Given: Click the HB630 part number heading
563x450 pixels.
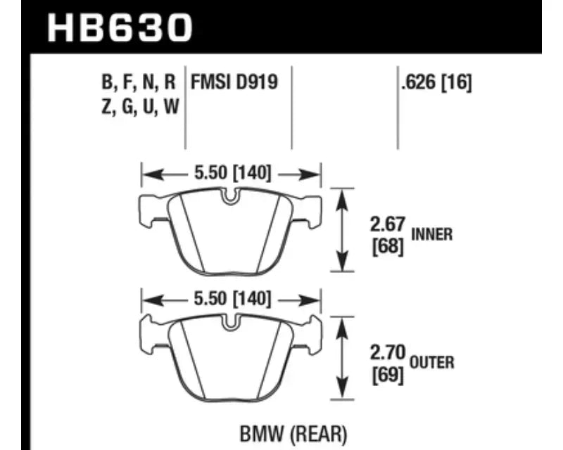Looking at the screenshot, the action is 120,27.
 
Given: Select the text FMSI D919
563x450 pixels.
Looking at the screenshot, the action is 234,82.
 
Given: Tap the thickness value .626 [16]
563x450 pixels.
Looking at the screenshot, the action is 436,82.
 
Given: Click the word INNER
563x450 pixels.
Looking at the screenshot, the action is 431,235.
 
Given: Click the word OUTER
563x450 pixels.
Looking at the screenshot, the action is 432,362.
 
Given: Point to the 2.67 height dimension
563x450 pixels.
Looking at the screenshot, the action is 388,224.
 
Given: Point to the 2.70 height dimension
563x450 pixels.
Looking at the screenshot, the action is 388,352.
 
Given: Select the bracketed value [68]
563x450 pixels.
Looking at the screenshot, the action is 388,247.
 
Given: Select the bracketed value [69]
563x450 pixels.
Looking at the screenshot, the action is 388,375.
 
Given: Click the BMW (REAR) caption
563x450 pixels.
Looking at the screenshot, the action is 293,434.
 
